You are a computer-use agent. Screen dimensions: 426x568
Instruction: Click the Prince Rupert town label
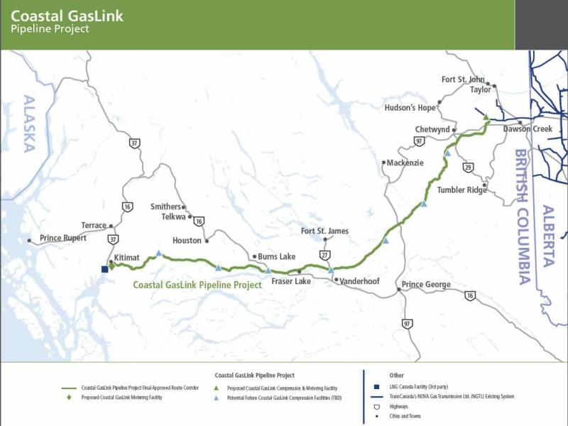point(62,238)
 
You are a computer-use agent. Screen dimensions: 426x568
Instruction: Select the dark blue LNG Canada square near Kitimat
point(104,269)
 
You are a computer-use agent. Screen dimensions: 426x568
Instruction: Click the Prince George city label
point(426,285)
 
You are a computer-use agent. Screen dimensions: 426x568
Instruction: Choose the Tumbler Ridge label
point(462,190)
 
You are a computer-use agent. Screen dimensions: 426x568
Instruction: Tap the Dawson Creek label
point(528,129)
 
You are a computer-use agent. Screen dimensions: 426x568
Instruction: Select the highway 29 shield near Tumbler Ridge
point(468,167)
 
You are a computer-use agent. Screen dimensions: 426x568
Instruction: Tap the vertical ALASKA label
point(29,124)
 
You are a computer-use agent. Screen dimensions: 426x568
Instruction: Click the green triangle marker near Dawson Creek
point(486,117)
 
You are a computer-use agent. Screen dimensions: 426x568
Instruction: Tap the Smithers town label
point(165,207)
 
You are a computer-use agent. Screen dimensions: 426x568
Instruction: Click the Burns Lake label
point(276,256)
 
